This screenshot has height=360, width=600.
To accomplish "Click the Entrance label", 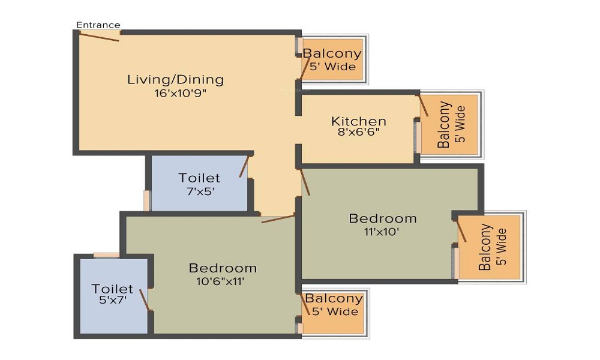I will [98, 25].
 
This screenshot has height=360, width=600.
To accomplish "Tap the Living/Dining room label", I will [175, 79].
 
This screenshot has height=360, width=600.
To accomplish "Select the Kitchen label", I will [358, 121].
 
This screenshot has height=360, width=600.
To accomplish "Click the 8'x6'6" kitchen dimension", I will [358, 133].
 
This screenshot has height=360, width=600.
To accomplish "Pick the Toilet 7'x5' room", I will [199, 184].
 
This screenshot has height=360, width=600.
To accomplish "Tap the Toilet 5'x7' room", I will [113, 295].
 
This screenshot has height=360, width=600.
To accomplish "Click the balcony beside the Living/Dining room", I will [332, 59].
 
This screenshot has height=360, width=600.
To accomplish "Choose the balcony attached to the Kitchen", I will [451, 125].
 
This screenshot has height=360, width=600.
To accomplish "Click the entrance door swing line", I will [99, 37].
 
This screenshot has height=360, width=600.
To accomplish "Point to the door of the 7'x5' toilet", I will [244, 166].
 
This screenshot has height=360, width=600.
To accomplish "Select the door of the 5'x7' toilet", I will [144, 299].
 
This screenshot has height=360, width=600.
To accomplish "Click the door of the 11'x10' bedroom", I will [305, 182].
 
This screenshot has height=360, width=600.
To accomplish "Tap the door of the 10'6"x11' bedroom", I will [278, 218].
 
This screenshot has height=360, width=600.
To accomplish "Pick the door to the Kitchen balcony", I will [423, 105].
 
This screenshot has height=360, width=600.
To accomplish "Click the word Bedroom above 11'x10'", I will [383, 218].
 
